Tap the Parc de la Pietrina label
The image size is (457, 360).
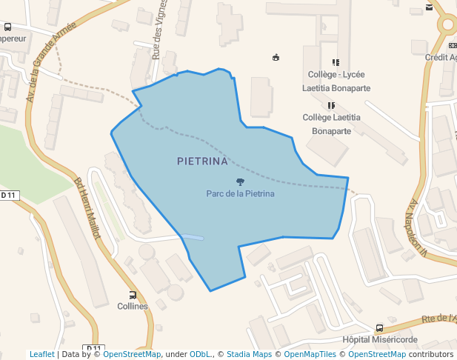[x=240, y=194]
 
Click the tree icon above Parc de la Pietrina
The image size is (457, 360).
[x=240, y=181]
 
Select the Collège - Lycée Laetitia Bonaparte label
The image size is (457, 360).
[x=336, y=81]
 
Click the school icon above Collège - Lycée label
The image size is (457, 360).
[x=336, y=63]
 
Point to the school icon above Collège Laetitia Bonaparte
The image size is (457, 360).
[x=331, y=106]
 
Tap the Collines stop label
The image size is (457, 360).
[x=133, y=306]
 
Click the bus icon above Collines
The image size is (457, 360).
[x=133, y=295]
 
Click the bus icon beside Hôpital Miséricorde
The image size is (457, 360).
[x=379, y=328]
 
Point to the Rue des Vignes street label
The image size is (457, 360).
[x=157, y=34]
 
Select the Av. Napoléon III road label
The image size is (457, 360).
[x=419, y=227]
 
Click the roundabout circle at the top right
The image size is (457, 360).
[x=449, y=24]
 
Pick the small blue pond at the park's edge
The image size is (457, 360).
[x=192, y=237]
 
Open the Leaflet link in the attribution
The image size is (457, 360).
[x=41, y=354]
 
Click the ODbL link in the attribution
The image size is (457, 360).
[x=201, y=354]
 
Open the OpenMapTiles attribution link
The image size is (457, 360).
[x=310, y=354]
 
